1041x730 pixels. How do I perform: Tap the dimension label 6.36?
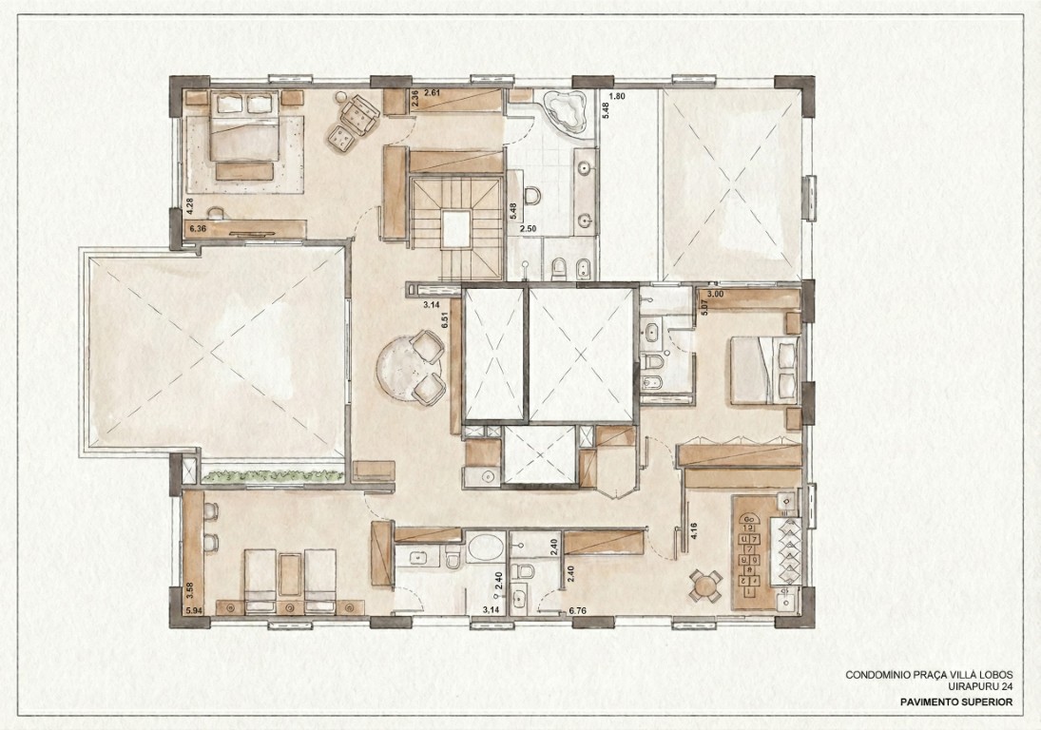tap(198, 229)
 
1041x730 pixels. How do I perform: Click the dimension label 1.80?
tap(617, 96)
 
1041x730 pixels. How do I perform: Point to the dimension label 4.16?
tap(694, 531)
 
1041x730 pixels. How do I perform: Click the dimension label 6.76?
tap(577, 610)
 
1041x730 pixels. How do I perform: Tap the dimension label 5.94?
tap(194, 609)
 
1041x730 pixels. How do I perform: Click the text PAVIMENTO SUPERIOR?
tap(956, 701)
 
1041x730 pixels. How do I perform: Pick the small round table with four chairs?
tap(704, 586)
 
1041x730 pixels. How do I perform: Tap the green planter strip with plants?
tap(272, 475)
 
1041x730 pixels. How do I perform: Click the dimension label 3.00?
tap(717, 294)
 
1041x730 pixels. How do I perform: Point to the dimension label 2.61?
tap(433, 92)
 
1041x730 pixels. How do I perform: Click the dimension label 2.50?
tap(528, 229)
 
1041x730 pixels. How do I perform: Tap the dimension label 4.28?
tap(189, 206)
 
